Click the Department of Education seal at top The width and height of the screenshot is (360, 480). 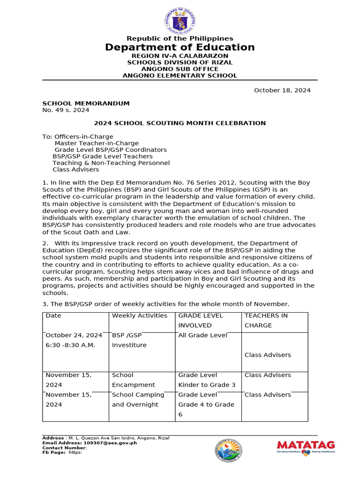[180, 19]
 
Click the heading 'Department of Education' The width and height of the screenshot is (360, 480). [180, 47]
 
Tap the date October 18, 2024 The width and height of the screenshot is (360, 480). [282, 90]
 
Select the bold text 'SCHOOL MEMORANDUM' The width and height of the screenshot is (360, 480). [86, 103]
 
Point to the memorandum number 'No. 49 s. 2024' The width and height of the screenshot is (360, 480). [66, 110]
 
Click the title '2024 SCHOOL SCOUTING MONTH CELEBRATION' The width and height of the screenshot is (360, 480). [180, 123]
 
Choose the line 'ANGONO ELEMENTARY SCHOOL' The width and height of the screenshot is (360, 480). [180, 75]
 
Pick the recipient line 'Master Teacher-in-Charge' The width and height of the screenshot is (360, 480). [97, 143]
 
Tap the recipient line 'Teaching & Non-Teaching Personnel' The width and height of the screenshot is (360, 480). [111, 163]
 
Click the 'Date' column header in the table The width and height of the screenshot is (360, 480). [53, 315]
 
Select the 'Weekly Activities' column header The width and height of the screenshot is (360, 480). [140, 315]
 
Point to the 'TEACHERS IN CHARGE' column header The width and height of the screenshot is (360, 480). [266, 320]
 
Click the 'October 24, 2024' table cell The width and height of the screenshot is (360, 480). [74, 335]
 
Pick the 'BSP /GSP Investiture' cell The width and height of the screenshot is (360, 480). [129, 340]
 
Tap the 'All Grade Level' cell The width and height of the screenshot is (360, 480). [203, 335]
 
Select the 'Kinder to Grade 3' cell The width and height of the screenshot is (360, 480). [207, 385]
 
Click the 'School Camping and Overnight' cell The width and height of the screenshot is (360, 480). [138, 399]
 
